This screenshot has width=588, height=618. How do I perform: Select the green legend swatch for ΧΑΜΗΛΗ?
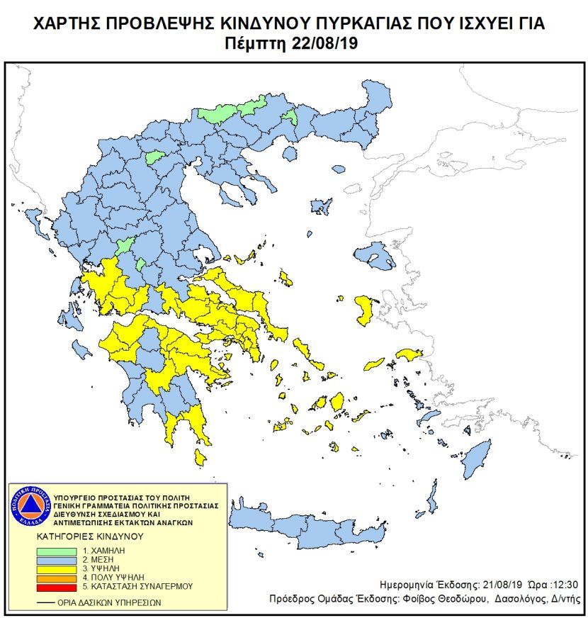click(61, 551)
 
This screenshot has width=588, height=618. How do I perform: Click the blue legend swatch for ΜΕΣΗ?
click(61, 560)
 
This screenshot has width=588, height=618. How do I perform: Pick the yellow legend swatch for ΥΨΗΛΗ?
click(61, 569)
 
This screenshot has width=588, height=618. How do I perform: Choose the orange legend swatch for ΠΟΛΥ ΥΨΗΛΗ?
click(61, 578)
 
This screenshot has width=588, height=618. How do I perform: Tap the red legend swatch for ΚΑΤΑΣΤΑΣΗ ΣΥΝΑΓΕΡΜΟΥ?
click(61, 587)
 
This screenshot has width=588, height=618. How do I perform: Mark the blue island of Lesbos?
click(373, 255)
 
